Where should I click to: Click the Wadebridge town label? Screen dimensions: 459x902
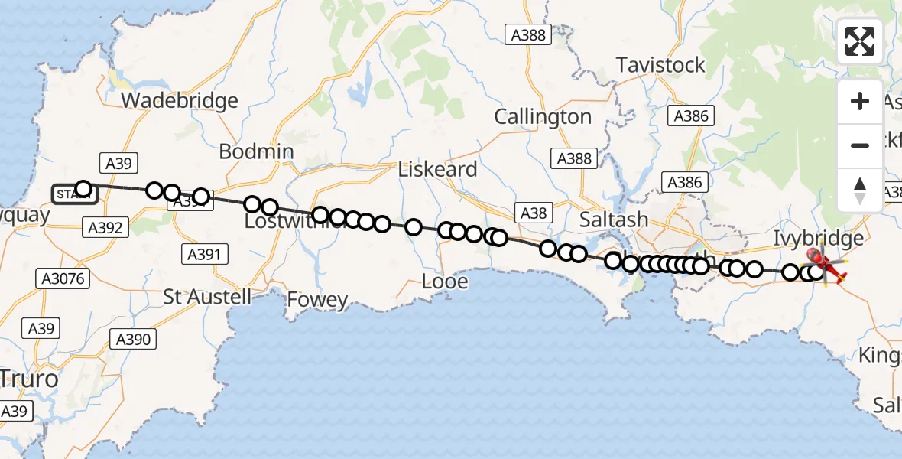pos(180,100)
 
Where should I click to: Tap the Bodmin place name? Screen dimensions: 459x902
pos(256,151)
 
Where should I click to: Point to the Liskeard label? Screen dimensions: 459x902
pos(438,169)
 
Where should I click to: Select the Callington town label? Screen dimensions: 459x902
pos(543,117)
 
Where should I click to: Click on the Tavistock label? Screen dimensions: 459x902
pos(660,65)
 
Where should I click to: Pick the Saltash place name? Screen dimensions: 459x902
pos(614,220)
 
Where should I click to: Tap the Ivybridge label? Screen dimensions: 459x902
pos(818,238)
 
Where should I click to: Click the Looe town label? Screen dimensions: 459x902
pos(445,282)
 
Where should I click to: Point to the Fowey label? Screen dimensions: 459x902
pos(317,301)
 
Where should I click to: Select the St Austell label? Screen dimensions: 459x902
pos(208,296)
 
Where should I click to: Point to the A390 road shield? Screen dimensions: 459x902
pos(133,339)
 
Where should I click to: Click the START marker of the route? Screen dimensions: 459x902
pos(74,194)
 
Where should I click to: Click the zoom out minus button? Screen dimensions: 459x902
pos(860,145)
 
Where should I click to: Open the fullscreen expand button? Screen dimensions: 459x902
pos(860,41)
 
